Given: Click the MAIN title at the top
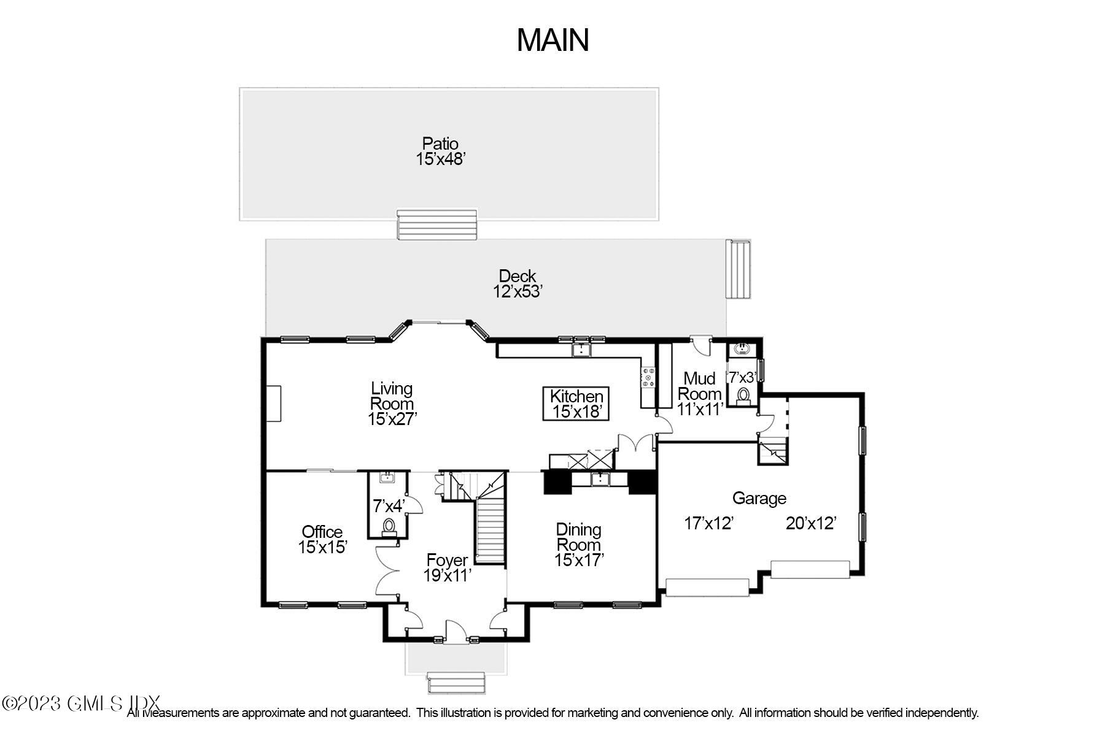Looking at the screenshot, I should (552, 40).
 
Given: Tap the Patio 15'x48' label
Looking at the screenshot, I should (440, 151).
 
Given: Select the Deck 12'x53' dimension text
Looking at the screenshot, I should (518, 291).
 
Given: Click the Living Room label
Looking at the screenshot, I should (392, 404).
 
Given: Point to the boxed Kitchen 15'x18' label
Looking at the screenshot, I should (576, 404).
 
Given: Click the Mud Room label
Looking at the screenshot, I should (699, 394).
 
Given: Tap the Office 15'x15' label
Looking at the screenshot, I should (322, 539).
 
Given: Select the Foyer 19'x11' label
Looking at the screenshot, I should (447, 567).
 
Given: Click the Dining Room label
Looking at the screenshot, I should (578, 544).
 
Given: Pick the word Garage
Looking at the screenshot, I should (759, 498).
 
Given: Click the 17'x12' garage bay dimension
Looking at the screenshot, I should (709, 523).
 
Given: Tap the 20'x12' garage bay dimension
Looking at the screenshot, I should (811, 523).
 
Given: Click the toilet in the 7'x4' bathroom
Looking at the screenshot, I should (389, 527).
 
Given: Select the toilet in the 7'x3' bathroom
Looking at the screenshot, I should (744, 396).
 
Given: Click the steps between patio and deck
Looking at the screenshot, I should (436, 224).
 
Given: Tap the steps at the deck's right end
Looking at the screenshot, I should (739, 269).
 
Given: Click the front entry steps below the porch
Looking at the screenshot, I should (456, 683).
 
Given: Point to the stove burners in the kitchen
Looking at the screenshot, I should (648, 377).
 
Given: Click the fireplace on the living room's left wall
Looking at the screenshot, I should (274, 403).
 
